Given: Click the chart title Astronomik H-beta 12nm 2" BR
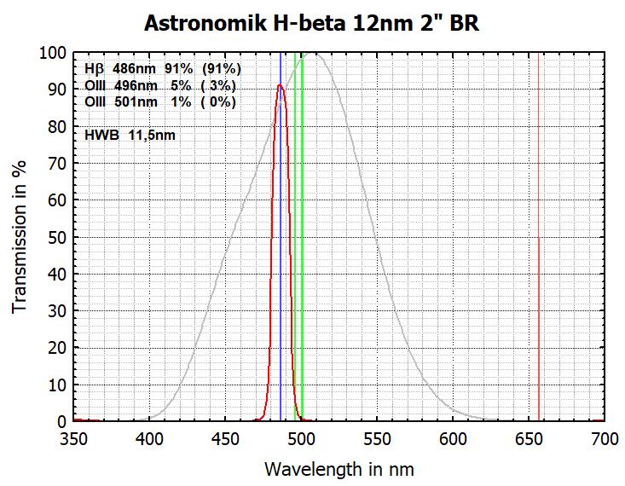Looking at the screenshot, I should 311,22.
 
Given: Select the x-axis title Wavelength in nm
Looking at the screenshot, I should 339,468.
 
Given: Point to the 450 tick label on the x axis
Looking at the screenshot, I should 225,439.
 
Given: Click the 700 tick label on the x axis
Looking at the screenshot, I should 604,439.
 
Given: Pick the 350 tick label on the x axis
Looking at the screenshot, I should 74,439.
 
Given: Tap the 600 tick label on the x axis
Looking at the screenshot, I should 452,439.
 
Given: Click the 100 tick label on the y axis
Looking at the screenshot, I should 53,53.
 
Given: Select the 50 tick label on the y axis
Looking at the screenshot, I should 57,237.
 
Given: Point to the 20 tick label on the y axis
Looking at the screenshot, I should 57,348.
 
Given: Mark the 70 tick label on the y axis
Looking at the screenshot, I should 57,164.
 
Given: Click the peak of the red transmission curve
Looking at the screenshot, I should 280,84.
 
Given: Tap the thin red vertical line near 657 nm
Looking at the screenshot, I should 539,256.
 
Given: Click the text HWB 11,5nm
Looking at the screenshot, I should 130,135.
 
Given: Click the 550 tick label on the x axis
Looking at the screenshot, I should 376,439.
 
